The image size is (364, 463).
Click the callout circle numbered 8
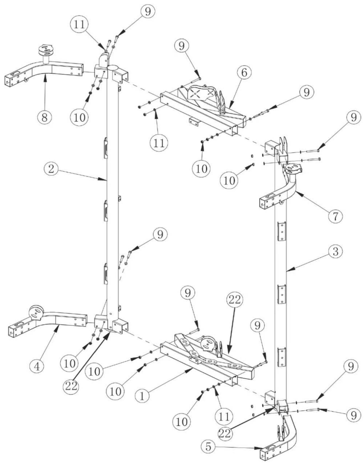pos(44,117)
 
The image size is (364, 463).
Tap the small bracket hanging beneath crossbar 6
pos(193,121)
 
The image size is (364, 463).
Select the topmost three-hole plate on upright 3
pos(282,231)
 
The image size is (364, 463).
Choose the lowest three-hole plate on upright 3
pos(282,357)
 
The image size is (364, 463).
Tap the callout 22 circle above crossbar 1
pos(234,300)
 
